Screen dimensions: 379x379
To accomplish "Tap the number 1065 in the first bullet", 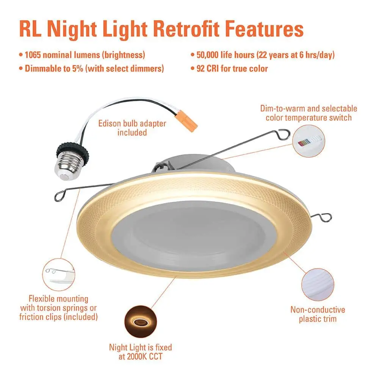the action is [x=33, y=55].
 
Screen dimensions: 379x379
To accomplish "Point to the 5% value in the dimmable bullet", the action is [x=78, y=68].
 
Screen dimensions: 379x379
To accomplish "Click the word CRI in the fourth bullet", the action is [x=213, y=68].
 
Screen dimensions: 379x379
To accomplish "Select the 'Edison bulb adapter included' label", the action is [x=132, y=128].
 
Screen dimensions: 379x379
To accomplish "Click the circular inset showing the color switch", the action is [x=309, y=141].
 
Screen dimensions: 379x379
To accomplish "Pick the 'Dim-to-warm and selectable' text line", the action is [x=309, y=108].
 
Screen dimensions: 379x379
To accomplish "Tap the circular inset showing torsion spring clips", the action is [x=58, y=274].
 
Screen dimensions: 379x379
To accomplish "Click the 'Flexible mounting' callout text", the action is [x=58, y=299].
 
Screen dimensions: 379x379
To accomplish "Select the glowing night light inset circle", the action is [x=141, y=321].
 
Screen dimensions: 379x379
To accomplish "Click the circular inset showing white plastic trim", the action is [x=318, y=285].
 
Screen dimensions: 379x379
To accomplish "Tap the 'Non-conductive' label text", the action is [x=318, y=310].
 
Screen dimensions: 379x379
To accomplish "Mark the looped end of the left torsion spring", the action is [x=60, y=196].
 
